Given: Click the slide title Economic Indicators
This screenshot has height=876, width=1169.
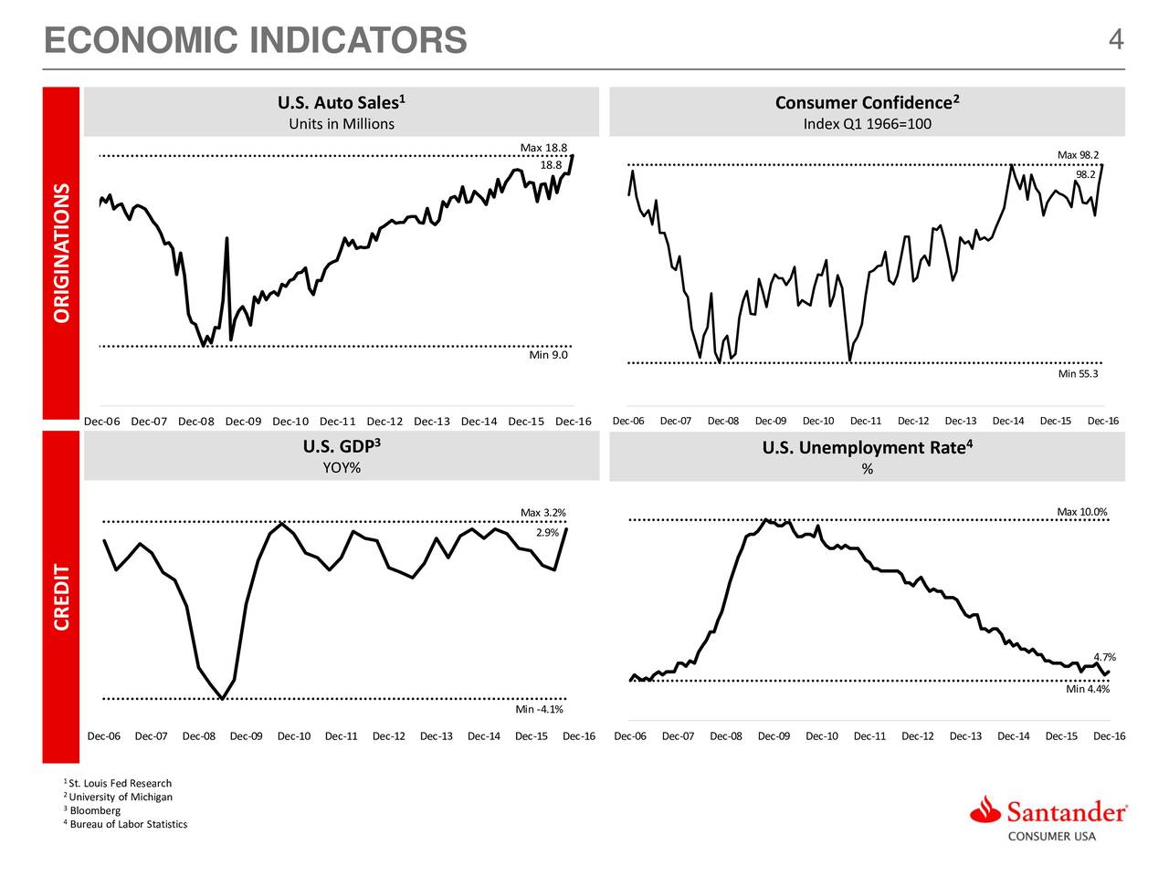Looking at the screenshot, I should point(255,41).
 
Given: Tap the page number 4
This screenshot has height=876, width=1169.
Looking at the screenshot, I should point(1115,40).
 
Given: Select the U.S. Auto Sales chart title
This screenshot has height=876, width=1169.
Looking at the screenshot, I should point(341,102).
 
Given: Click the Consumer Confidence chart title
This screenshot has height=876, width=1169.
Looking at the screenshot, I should point(866,102).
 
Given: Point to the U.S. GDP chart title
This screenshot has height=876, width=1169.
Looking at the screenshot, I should point(341,447).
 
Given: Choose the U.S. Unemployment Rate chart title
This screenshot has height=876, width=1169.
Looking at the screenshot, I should point(866,447).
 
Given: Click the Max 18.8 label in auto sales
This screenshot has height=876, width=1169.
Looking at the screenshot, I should point(543,149).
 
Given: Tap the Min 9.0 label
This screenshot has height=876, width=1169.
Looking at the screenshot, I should point(548,355).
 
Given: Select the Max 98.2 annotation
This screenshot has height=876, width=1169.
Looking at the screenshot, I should point(1078,155).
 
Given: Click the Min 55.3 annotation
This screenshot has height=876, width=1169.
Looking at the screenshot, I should point(1078,374).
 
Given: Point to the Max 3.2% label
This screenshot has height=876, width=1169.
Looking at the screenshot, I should point(543,512).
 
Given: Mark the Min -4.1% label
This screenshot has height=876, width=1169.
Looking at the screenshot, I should point(539,710).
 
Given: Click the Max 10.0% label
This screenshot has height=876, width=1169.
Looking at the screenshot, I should point(1081,512).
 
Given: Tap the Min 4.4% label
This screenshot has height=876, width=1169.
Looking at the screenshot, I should point(1088,690).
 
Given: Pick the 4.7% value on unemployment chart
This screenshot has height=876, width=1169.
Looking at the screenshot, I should point(1104,658).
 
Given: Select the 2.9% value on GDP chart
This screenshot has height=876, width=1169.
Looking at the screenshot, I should point(547,533).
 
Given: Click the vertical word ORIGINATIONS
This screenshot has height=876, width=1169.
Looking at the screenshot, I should point(62,253).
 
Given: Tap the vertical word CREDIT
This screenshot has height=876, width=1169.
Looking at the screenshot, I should point(62,598).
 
